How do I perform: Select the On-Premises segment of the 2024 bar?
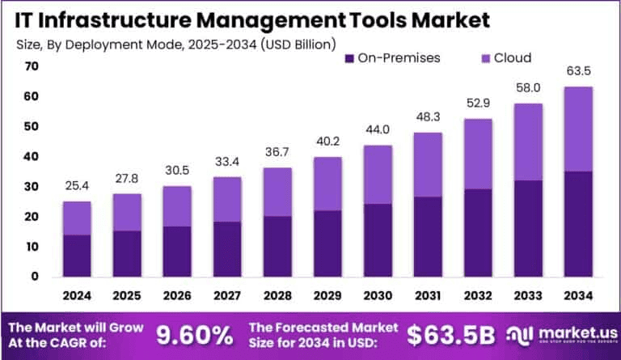pyautogui.click(x=77, y=255)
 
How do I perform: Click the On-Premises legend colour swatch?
pyautogui.click(x=349, y=58)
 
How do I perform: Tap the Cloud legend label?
pyautogui.click(x=512, y=58)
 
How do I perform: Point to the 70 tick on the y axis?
pyautogui.click(x=32, y=66)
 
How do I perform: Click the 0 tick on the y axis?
pyautogui.click(x=35, y=277)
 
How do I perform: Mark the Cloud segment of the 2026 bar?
pyautogui.click(x=176, y=206)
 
